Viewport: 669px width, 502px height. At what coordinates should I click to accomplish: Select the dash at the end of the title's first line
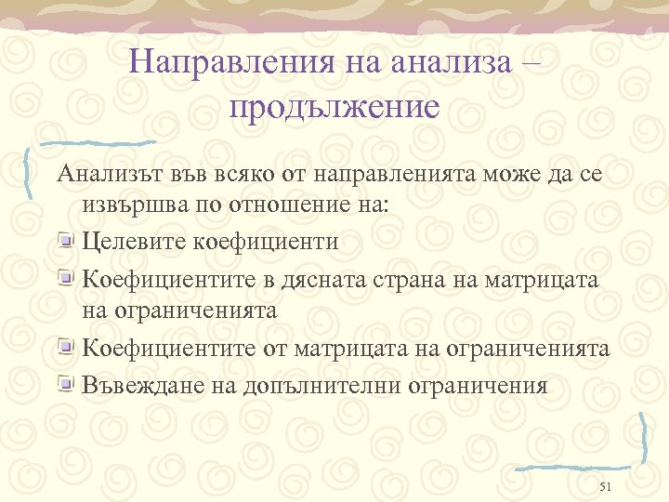[530, 62]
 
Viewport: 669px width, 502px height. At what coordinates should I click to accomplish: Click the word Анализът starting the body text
[109, 174]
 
